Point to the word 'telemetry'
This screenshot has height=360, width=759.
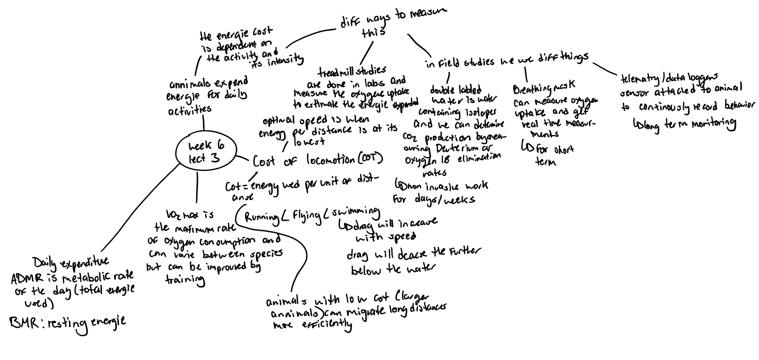tap(639, 80)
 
